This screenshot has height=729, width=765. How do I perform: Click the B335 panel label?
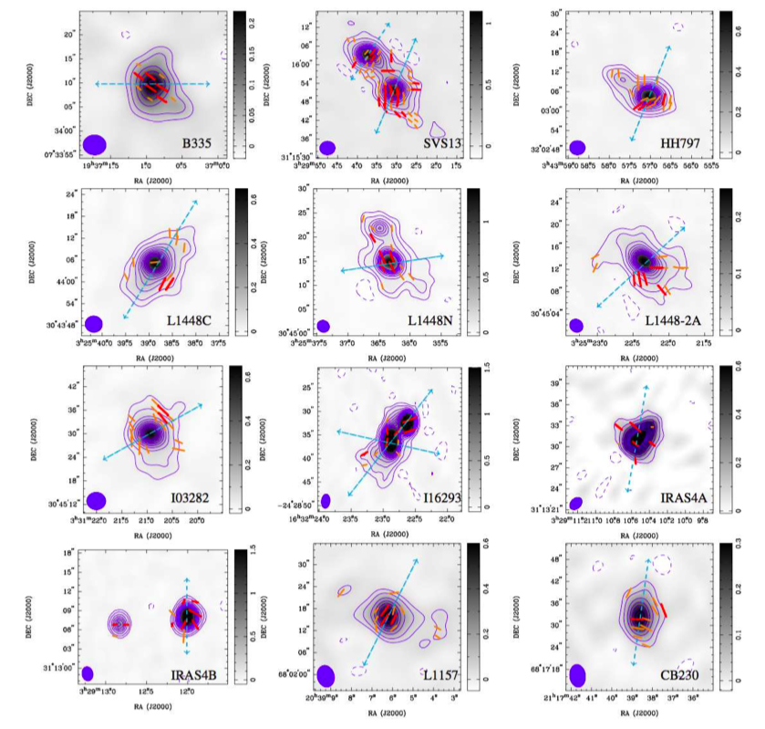tap(195, 144)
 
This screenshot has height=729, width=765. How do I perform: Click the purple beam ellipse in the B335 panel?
tap(95, 143)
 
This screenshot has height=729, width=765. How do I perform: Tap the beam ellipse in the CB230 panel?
tap(576, 674)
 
